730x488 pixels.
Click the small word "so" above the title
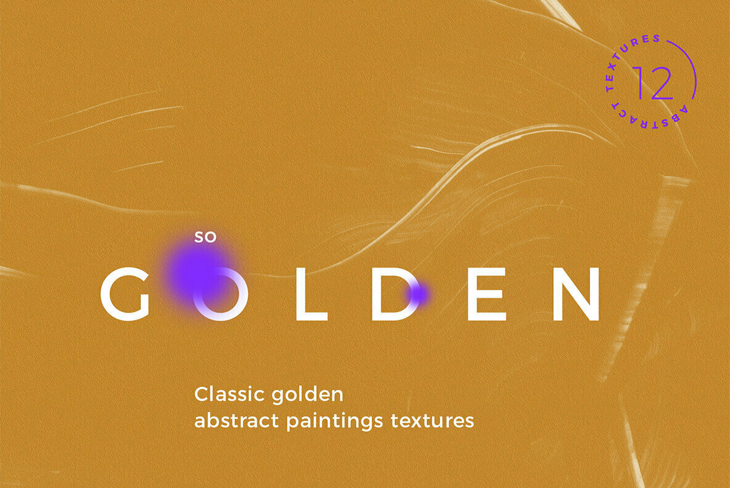pyautogui.click(x=206, y=237)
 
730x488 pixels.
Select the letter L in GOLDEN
pyautogui.click(x=311, y=295)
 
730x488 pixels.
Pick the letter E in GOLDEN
pyautogui.click(x=486, y=295)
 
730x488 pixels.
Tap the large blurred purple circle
pyautogui.click(x=195, y=269)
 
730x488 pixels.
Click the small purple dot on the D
pyautogui.click(x=419, y=294)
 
